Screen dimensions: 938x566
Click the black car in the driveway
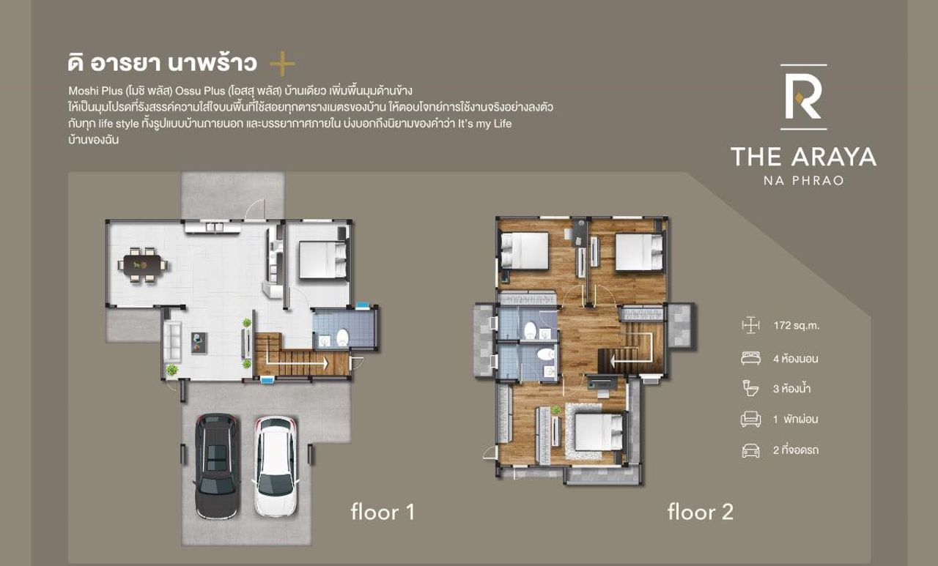tap(217, 466)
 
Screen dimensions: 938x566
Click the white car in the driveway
tap(276, 466)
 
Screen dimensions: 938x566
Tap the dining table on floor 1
tap(142, 265)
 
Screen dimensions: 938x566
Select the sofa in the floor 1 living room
tap(172, 341)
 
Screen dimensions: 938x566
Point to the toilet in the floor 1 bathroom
tap(342, 337)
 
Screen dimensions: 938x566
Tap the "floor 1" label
tap(383, 512)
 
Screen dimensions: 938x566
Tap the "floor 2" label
tap(701, 512)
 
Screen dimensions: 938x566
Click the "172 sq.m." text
tap(797, 325)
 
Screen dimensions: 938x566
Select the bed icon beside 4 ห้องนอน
tap(751, 359)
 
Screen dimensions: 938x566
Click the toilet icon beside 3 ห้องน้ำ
tap(750, 388)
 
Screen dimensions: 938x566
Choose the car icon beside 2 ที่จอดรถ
tap(751, 450)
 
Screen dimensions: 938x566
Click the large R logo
tap(803, 97)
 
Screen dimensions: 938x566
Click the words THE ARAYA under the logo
tap(804, 157)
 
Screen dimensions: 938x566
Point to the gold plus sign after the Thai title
tap(283, 64)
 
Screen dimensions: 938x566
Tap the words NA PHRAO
tap(804, 181)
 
